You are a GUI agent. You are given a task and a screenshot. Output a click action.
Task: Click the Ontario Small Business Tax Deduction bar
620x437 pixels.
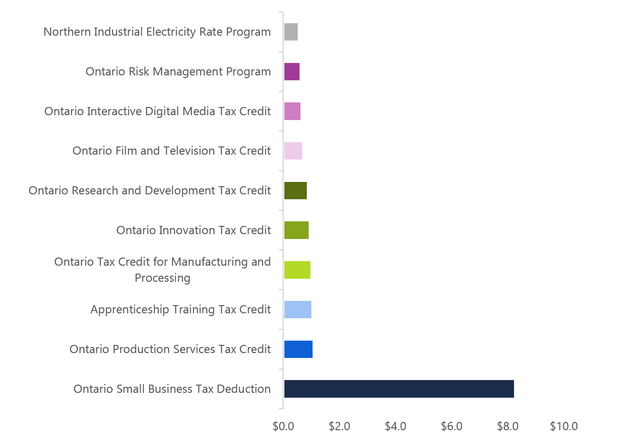399,389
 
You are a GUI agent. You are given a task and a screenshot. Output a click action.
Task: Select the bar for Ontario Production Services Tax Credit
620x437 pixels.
298,349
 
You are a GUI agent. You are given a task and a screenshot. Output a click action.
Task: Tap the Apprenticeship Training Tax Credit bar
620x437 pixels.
298,309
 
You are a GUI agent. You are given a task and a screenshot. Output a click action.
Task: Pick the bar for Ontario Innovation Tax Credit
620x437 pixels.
296,230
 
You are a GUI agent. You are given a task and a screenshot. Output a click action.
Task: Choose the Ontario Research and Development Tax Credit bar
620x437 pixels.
296,190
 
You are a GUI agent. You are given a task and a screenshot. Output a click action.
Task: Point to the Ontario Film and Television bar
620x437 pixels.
293,150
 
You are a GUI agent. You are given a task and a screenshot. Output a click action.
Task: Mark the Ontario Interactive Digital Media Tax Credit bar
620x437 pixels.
292,111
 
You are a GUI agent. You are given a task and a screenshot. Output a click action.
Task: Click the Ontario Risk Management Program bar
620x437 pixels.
292,72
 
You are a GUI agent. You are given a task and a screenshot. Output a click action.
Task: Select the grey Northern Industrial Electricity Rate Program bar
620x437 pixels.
291,32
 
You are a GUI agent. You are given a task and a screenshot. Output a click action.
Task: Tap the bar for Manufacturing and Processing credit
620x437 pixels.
297,270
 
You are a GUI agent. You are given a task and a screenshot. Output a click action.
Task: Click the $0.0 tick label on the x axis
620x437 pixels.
283,426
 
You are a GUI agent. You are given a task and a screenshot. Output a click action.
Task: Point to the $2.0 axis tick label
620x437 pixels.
339,426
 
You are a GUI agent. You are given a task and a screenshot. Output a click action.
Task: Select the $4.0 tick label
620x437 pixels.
396,426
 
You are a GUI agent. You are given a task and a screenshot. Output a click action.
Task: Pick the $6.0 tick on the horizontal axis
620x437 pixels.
451,426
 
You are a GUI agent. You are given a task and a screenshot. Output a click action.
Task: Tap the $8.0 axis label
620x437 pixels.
508,426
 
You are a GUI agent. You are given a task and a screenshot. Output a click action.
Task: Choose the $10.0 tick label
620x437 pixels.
564,426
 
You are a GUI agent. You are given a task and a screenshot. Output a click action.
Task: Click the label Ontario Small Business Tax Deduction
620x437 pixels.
172,389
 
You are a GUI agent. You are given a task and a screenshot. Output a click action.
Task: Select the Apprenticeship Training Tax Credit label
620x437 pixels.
181,309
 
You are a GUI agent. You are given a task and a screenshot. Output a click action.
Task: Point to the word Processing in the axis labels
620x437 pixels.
162,278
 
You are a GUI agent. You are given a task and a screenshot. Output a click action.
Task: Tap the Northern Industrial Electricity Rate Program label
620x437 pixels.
157,32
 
